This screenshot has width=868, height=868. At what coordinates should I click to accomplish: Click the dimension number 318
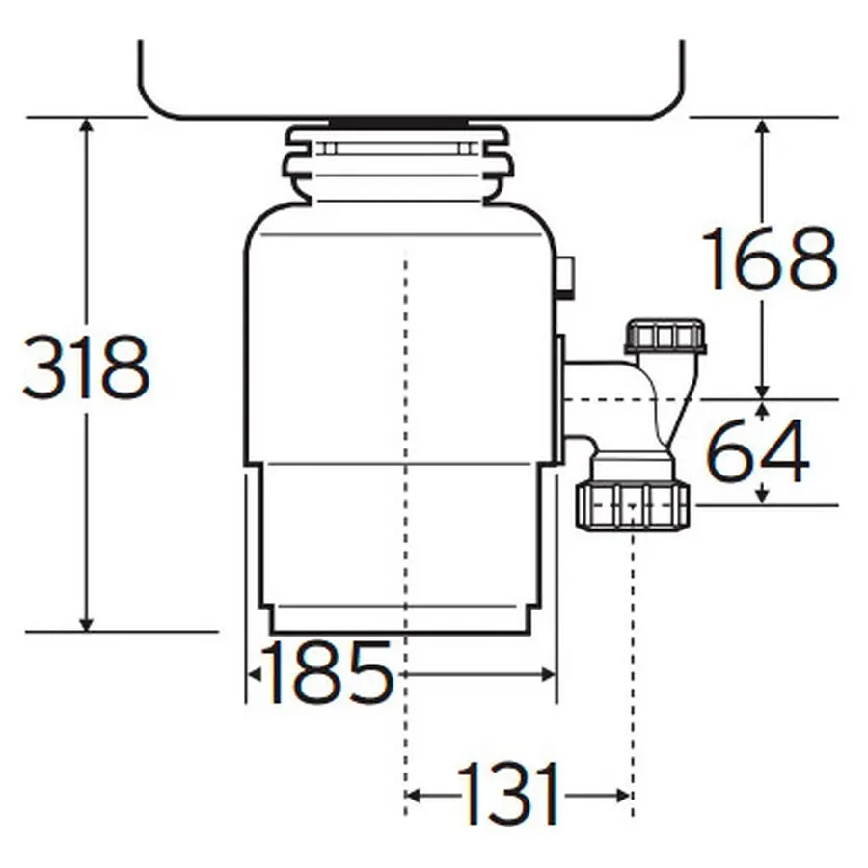click(x=87, y=367)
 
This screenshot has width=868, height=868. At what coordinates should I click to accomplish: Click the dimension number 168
click(x=769, y=259)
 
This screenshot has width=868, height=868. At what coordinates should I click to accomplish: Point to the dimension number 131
click(x=510, y=796)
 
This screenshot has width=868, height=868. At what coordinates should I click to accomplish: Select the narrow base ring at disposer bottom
click(x=396, y=618)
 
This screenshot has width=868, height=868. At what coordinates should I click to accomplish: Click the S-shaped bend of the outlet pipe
click(x=665, y=405)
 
